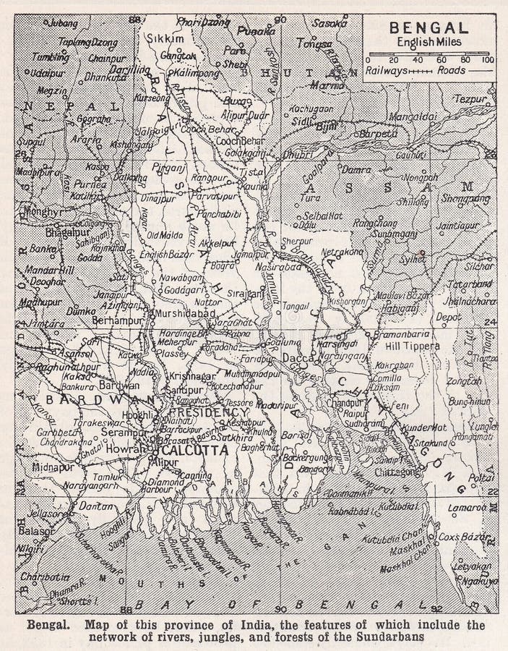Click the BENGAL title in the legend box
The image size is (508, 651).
click(x=429, y=29)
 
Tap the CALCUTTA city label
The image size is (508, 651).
click(x=193, y=449)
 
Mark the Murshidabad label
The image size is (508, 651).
click(x=185, y=312)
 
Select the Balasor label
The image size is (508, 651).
click(x=37, y=530)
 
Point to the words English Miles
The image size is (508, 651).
click(x=429, y=43)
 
